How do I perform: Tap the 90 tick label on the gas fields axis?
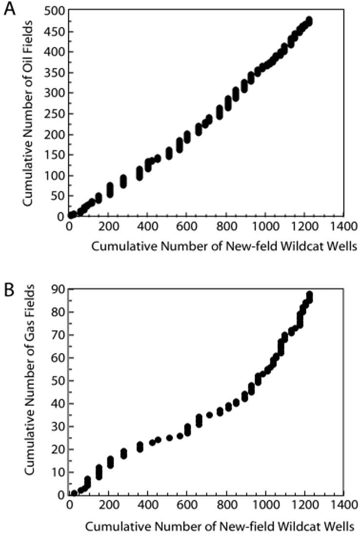click(58, 289)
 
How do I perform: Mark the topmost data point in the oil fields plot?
click(309, 20)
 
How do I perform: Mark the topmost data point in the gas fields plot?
click(309, 295)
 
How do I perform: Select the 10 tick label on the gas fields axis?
click(58, 472)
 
